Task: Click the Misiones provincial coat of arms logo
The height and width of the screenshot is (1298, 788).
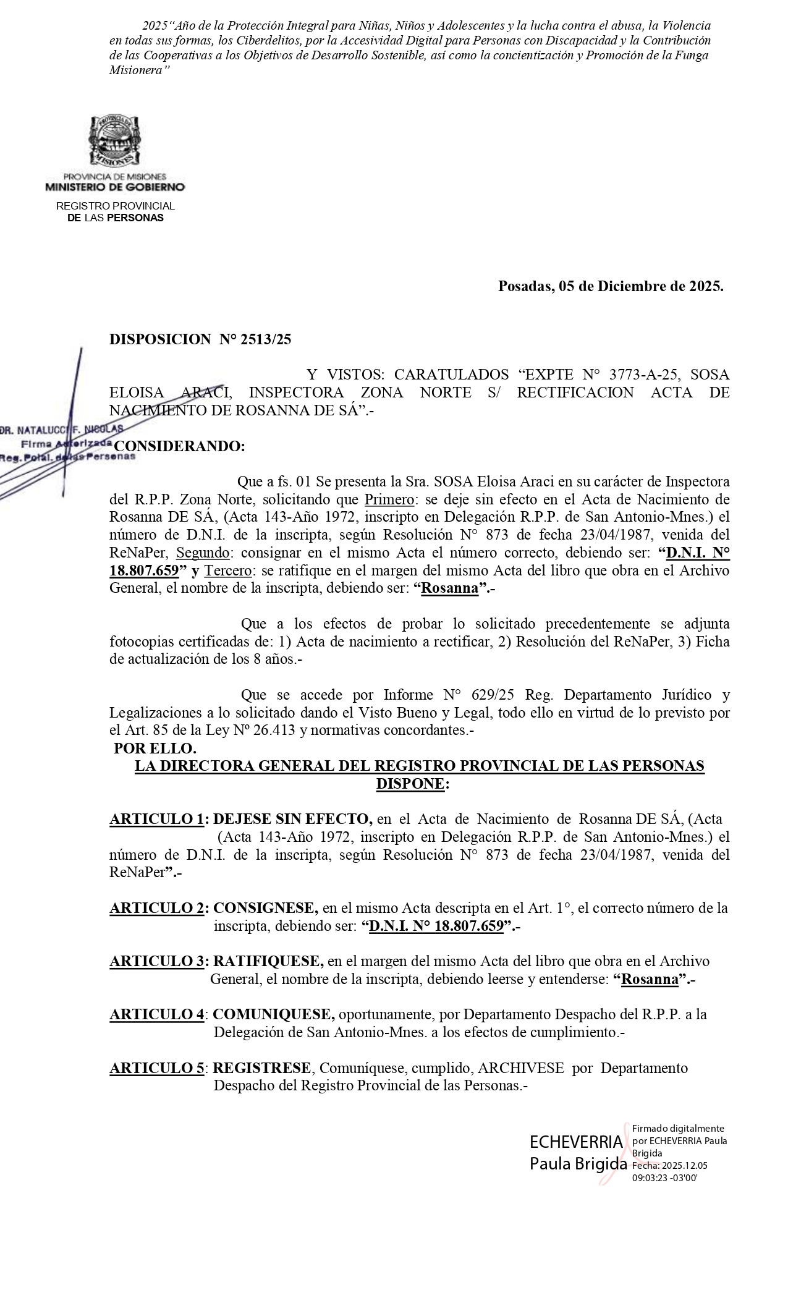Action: tap(114, 142)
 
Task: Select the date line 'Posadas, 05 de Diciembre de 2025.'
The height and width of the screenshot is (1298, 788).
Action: tap(611, 286)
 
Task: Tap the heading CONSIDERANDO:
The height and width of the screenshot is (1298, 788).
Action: tap(180, 446)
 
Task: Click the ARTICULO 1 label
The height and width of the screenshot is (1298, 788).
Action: tap(159, 819)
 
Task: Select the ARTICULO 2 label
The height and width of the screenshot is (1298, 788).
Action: tap(159, 908)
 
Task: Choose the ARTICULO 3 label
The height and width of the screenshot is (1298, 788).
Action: tap(159, 961)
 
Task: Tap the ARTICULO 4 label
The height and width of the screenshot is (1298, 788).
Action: tap(158, 1014)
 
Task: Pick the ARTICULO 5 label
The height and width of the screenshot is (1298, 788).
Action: tap(158, 1067)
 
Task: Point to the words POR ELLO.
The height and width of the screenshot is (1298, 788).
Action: tap(146, 748)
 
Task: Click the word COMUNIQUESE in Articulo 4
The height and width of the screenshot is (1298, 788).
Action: tap(274, 1014)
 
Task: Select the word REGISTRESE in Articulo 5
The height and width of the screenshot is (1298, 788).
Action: tap(262, 1067)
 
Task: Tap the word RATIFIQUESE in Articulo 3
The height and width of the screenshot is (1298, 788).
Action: tap(268, 961)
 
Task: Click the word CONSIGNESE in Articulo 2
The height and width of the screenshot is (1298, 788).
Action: tap(266, 908)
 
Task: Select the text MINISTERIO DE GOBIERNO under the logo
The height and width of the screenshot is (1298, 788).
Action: tap(115, 187)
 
